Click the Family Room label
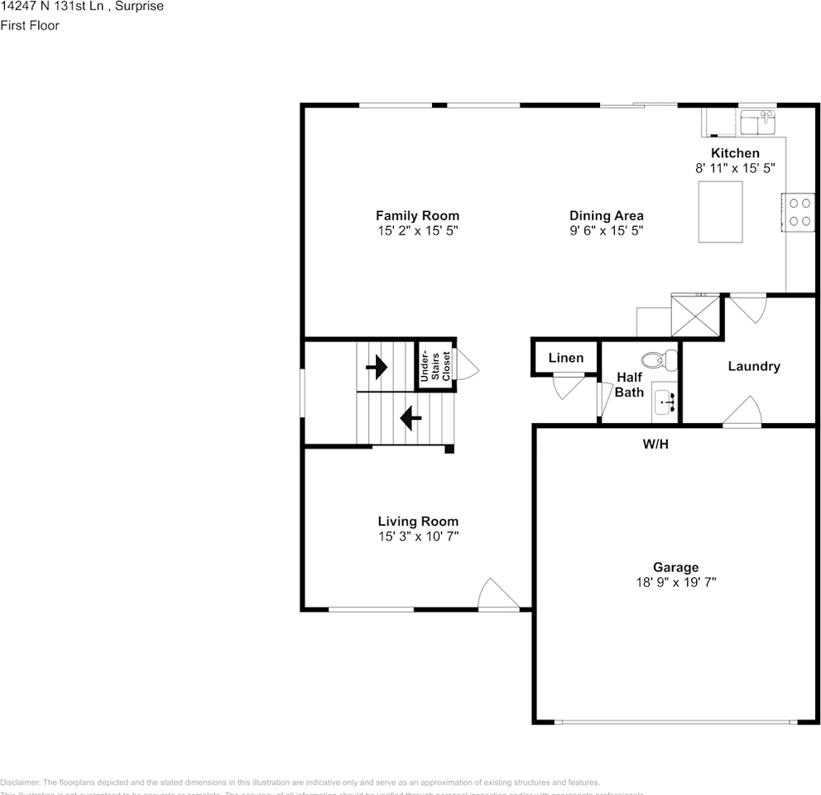click(x=417, y=216)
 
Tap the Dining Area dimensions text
click(x=606, y=231)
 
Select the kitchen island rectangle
click(x=720, y=211)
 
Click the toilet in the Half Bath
click(x=660, y=359)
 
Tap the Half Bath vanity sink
click(x=665, y=402)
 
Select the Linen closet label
click(x=566, y=359)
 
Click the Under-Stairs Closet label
click(x=435, y=365)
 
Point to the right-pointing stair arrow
click(x=377, y=366)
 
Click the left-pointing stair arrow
click(x=410, y=418)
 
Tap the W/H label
click(x=655, y=445)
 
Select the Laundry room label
click(x=753, y=366)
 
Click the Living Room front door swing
click(x=499, y=595)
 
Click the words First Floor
click(x=30, y=25)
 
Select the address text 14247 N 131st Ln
click(x=50, y=7)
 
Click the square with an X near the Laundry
click(x=695, y=315)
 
